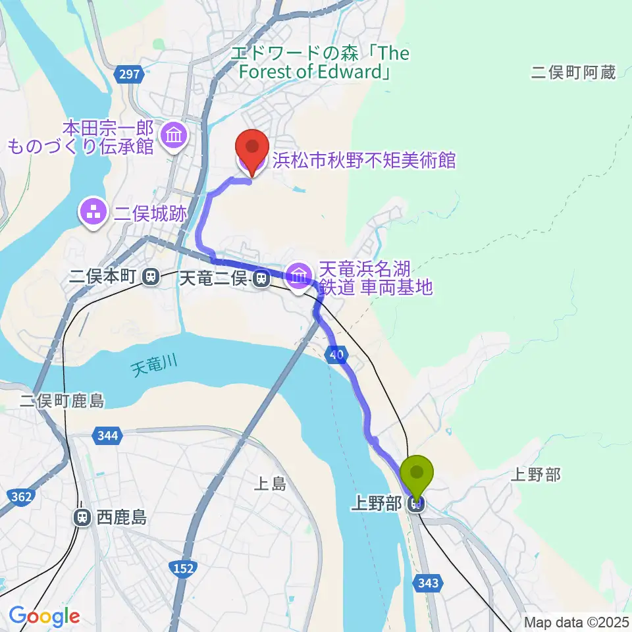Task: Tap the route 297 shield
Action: click(x=130, y=74)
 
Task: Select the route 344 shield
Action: click(x=107, y=435)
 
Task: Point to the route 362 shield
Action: click(x=22, y=498)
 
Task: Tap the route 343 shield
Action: click(x=427, y=582)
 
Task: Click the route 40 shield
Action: click(x=337, y=355)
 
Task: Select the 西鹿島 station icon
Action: click(x=82, y=517)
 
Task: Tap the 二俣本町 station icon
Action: click(x=151, y=277)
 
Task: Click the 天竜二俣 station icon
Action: click(x=262, y=279)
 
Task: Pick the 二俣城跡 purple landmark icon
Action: click(x=90, y=212)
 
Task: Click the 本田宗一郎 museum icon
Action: click(x=176, y=136)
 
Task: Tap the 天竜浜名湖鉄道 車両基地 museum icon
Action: click(x=300, y=276)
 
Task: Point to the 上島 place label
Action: click(x=271, y=485)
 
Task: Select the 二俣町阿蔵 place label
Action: click(x=573, y=72)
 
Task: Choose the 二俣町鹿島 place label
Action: click(x=63, y=401)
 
